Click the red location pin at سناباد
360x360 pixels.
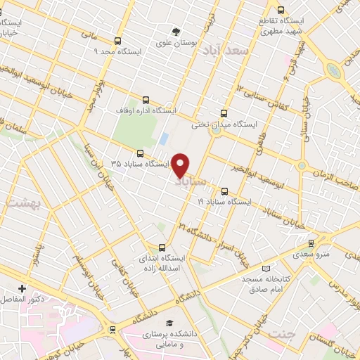point(181,165)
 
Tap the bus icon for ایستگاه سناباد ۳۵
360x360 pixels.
point(140,153)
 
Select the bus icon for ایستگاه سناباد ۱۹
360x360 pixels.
point(224,191)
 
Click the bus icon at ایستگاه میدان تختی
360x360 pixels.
point(224,112)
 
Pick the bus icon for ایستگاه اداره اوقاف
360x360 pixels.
point(146,100)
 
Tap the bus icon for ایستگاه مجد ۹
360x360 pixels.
point(117,41)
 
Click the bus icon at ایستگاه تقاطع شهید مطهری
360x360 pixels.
point(281,11)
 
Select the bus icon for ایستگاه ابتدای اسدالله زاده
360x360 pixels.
point(162,247)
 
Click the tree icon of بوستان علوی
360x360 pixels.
point(176,31)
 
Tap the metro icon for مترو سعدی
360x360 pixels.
point(311,243)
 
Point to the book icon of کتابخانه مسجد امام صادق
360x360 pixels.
point(265,268)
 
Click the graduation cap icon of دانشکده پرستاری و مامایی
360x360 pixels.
point(168,323)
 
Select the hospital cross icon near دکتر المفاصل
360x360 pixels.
point(22,288)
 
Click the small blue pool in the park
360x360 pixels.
point(164,139)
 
